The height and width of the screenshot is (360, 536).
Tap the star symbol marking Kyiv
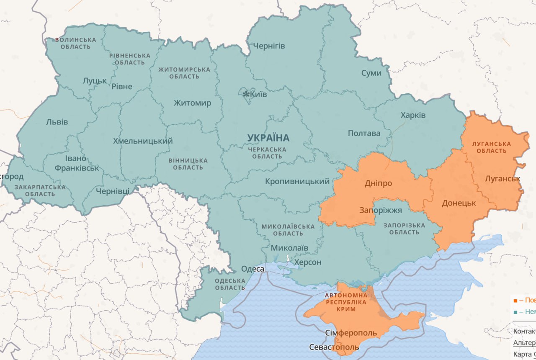click(246, 94)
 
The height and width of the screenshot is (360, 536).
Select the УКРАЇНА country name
click(268, 138)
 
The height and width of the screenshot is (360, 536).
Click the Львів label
click(57, 122)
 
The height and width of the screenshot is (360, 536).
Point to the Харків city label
click(413, 115)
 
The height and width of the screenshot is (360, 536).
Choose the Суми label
click(371, 73)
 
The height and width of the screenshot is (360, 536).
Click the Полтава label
click(364, 133)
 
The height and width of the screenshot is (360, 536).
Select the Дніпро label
click(378, 183)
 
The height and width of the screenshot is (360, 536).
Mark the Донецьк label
click(459, 203)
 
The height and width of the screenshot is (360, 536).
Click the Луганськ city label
click(502, 179)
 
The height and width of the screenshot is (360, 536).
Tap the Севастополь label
click(334, 347)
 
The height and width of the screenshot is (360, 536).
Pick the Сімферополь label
click(351, 333)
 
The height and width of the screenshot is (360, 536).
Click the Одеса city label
click(253, 269)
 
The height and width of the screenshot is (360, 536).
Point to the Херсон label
click(308, 262)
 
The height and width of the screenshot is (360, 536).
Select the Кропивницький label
click(297, 181)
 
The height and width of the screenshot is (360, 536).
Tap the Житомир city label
click(193, 103)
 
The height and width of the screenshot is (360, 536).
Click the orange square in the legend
click(515, 300)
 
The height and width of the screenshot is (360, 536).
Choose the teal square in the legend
click(515, 312)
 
